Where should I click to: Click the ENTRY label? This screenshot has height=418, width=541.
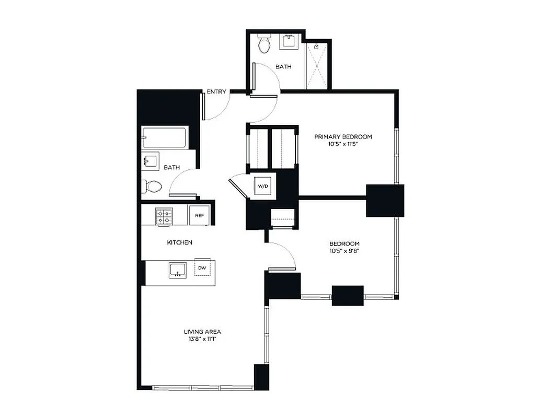click(216, 92)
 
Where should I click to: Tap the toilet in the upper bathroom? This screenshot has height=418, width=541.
click(264, 44)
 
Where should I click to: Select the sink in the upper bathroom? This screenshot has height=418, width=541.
click(289, 42)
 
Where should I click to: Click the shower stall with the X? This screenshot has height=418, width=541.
click(318, 65)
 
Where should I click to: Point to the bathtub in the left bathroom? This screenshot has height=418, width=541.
click(164, 138)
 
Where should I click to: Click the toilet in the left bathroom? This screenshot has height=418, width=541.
click(152, 185)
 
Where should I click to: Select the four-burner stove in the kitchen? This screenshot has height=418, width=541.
click(164, 216)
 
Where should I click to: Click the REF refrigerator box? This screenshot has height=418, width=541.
click(199, 215)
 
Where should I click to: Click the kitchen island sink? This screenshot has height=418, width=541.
click(178, 270)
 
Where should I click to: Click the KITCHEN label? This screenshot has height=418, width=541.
click(179, 242)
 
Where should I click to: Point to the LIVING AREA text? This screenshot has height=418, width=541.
click(202, 332)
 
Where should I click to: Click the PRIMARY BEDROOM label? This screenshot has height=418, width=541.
click(343, 137)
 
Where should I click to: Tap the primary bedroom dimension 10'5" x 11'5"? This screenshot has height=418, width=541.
click(343, 144)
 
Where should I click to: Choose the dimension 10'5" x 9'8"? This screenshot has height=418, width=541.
click(344, 251)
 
